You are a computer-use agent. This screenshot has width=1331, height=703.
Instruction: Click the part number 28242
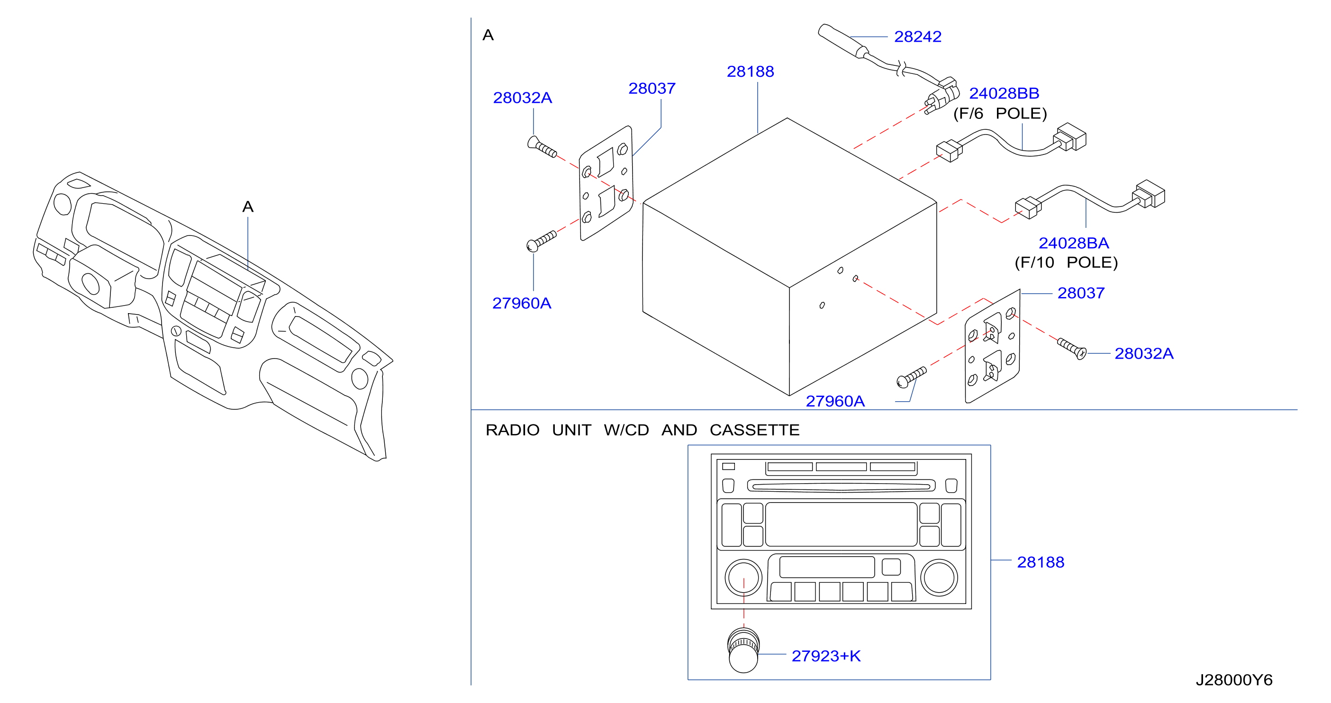(918, 36)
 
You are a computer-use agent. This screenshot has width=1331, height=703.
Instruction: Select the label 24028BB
(1004, 93)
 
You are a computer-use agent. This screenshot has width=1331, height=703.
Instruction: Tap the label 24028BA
(1074, 243)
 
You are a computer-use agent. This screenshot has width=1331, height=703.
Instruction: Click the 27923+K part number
(826, 656)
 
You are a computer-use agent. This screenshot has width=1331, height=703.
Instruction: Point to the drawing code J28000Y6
(1234, 680)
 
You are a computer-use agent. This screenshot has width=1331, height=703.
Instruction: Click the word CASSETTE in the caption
(754, 430)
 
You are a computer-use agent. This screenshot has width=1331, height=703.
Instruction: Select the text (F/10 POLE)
(1066, 262)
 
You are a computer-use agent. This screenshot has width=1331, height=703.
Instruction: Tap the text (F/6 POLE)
(1000, 114)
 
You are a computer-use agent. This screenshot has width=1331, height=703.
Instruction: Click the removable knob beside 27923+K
(743, 650)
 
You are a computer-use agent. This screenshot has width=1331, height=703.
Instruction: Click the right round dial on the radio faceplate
(939, 577)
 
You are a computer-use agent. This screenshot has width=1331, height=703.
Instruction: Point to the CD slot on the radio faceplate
(841, 486)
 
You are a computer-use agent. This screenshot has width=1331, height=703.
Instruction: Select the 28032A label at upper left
(522, 98)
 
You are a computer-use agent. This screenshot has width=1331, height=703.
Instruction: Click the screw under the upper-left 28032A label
(542, 146)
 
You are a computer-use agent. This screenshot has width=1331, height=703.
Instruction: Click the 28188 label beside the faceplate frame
(1041, 562)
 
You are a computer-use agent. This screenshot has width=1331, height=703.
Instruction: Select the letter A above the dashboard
(248, 207)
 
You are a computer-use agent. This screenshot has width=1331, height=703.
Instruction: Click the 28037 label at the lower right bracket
(1081, 293)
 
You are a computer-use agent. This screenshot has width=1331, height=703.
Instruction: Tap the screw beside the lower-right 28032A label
(1072, 349)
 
